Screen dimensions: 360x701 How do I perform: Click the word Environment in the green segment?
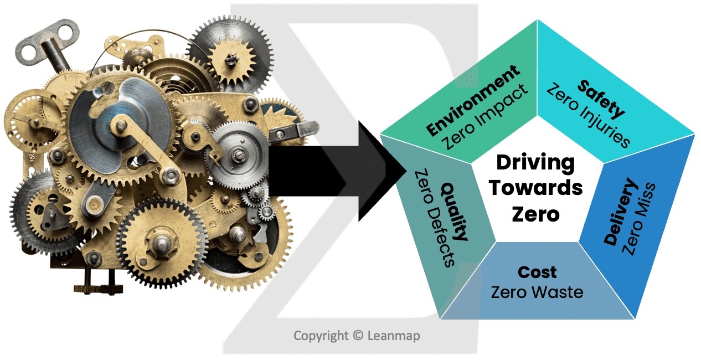pos(473,100)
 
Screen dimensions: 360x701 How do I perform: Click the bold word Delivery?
pos(621,212)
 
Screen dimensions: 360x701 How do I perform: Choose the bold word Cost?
pos(537,272)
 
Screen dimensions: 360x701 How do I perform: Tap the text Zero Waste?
pos(537,291)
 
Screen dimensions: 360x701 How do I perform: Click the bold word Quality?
pos(454,212)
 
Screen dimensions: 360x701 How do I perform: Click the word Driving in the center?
pos(535,163)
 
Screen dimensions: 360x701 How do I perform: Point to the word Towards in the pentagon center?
pos(535,188)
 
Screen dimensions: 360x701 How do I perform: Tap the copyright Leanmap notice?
pos(357,336)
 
